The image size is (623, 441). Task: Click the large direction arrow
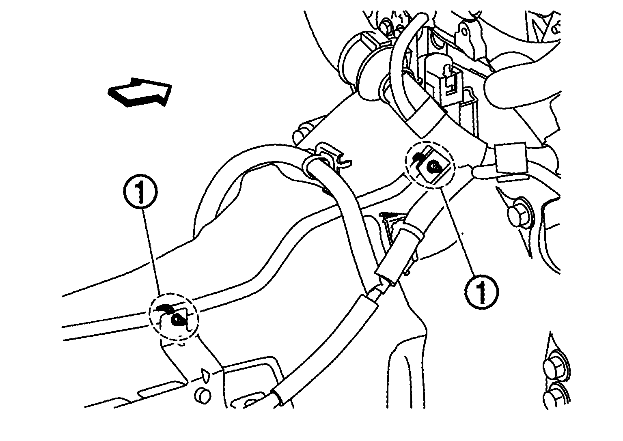[140, 92]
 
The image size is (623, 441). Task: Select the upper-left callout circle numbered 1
[140, 192]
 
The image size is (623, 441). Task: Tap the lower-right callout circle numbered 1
[481, 292]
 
